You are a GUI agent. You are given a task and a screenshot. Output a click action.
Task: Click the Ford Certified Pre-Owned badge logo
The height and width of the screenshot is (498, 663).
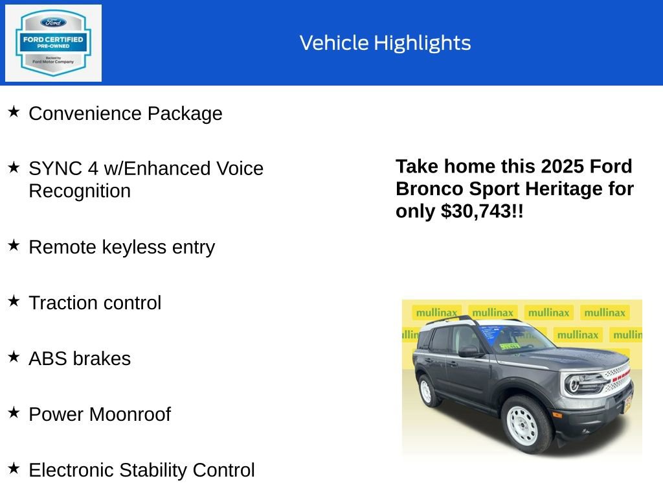coord(53,43)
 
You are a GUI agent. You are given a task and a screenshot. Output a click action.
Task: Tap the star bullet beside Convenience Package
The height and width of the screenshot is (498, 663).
coord(14,112)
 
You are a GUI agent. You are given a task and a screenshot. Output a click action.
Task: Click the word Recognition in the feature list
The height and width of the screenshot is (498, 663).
coord(80,191)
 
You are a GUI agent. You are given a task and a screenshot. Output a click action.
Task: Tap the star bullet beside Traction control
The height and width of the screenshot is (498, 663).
coord(14,302)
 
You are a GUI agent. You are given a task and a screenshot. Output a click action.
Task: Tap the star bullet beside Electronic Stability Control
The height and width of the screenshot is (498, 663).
coord(14,468)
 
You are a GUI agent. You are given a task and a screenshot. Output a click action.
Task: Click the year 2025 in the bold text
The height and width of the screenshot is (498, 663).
coord(563,167)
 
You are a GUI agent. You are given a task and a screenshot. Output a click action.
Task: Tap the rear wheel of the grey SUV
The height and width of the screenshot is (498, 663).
coord(427,390)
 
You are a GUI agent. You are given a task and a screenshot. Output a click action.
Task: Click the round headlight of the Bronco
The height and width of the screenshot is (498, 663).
coord(574,384)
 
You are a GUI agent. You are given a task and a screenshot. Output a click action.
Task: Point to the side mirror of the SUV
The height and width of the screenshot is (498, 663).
coord(467,351)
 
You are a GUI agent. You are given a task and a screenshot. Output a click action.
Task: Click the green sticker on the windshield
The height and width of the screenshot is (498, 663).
coord(510,346)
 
